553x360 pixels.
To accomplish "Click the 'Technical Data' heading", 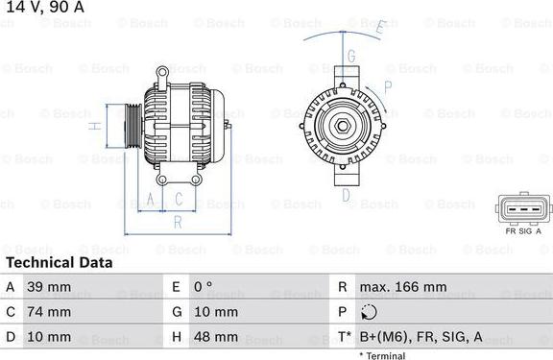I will tap(59, 262).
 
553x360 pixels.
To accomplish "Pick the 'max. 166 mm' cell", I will tap(403, 287).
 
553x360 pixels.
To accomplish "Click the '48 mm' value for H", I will tap(218, 337).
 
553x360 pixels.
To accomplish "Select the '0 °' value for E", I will tap(203, 287).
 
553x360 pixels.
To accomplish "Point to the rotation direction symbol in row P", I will tap(372, 312).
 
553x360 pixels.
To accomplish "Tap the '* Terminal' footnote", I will tap(384, 355).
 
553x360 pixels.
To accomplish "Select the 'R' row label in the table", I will tap(342, 287).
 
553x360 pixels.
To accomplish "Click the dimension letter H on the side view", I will tap(94, 126).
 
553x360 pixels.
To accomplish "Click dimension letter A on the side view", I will tap(149, 200).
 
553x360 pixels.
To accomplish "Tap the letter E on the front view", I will tap(379, 29).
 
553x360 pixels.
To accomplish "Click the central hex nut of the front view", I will tap(341, 126).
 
